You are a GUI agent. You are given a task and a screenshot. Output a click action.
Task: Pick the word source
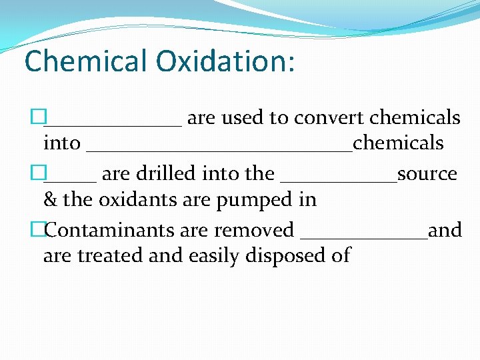tap(427, 174)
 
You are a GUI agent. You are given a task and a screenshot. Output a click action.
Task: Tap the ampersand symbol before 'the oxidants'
tap(50, 199)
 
